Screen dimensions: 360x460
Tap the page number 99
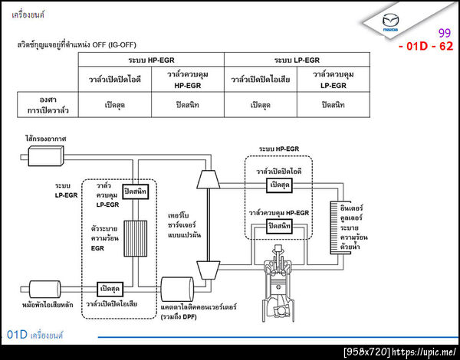tap(444, 34)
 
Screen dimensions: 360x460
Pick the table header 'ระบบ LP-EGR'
tap(296, 60)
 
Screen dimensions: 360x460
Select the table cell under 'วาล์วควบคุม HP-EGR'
tap(187, 104)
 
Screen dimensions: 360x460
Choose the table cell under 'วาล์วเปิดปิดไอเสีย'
tap(261, 104)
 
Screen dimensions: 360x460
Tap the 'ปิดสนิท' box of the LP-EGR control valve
tap(136, 191)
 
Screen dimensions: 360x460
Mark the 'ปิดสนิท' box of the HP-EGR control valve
tap(280, 226)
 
